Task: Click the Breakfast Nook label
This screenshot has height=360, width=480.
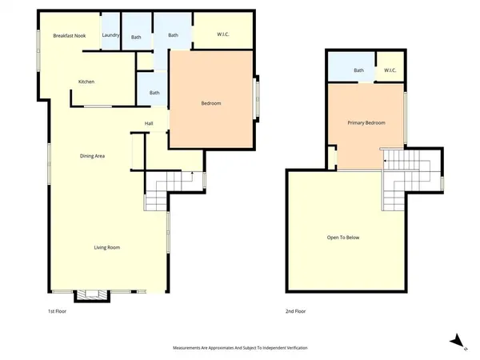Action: (70, 36)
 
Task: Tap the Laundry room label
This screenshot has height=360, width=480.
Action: (110, 36)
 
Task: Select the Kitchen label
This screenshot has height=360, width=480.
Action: (86, 82)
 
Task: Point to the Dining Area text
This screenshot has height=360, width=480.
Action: (93, 155)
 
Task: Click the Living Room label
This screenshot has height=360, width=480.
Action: (107, 248)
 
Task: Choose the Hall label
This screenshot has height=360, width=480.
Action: (149, 123)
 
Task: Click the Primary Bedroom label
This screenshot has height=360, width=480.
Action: (366, 123)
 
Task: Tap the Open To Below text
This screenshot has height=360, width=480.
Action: (343, 238)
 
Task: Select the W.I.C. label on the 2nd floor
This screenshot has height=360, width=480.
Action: (390, 70)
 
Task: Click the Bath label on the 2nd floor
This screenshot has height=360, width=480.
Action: (359, 70)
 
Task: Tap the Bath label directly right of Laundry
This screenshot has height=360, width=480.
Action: (136, 37)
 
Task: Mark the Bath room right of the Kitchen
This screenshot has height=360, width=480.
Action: (154, 93)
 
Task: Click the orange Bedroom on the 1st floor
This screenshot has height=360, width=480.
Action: (210, 103)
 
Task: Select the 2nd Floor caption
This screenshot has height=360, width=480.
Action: (295, 311)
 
